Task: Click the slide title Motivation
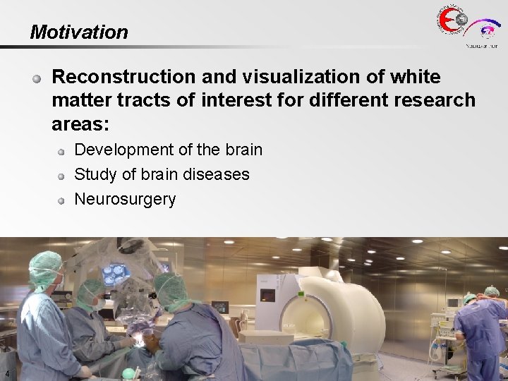(79, 32)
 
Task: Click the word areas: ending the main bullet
(80, 125)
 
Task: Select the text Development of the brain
(168, 150)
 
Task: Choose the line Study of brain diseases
(162, 174)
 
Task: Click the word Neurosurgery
(125, 199)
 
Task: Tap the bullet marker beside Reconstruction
(38, 78)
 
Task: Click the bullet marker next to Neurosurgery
(61, 200)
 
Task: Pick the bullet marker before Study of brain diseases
(61, 175)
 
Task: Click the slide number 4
(6, 374)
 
